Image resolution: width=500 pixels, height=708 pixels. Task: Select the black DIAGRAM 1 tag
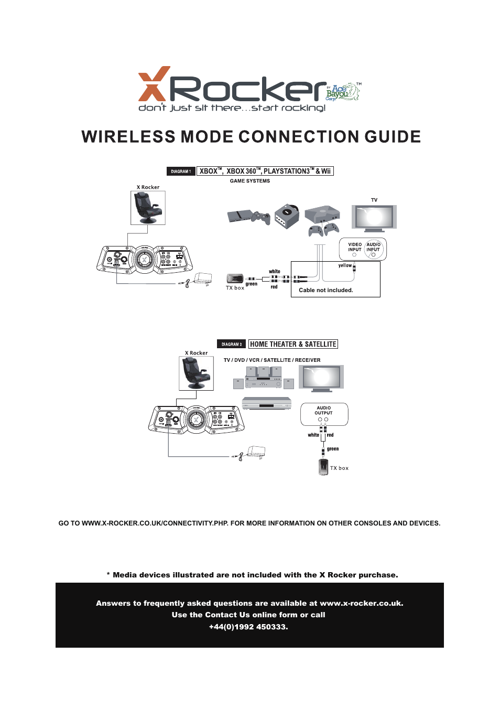[x=181, y=171]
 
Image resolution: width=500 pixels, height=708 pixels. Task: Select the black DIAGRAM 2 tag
[x=232, y=345]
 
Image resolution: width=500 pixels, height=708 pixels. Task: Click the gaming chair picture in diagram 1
[x=148, y=208]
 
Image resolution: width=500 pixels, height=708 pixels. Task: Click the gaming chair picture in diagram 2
[x=196, y=373]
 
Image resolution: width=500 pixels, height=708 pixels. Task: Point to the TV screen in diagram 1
[x=374, y=216]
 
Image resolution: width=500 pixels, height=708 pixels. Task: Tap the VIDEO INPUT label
[x=355, y=247]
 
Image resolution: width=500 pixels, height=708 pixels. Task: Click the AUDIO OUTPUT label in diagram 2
[x=324, y=410]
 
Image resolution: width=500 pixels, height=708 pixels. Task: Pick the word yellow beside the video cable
[x=345, y=265]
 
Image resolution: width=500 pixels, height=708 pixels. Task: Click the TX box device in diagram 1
[x=234, y=278]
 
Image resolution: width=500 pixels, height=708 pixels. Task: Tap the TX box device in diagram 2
[x=323, y=466]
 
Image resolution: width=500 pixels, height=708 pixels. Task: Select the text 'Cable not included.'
[x=326, y=290]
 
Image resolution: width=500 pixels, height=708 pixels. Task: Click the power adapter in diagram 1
[x=203, y=278]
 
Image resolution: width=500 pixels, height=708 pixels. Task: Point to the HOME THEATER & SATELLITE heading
[x=293, y=344]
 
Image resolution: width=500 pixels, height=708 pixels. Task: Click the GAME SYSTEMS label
[x=250, y=181]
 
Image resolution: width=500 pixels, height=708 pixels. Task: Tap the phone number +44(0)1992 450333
[x=248, y=627]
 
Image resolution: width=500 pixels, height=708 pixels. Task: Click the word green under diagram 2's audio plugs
[x=333, y=449]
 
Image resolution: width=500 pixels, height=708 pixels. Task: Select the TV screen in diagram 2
[x=321, y=377]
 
